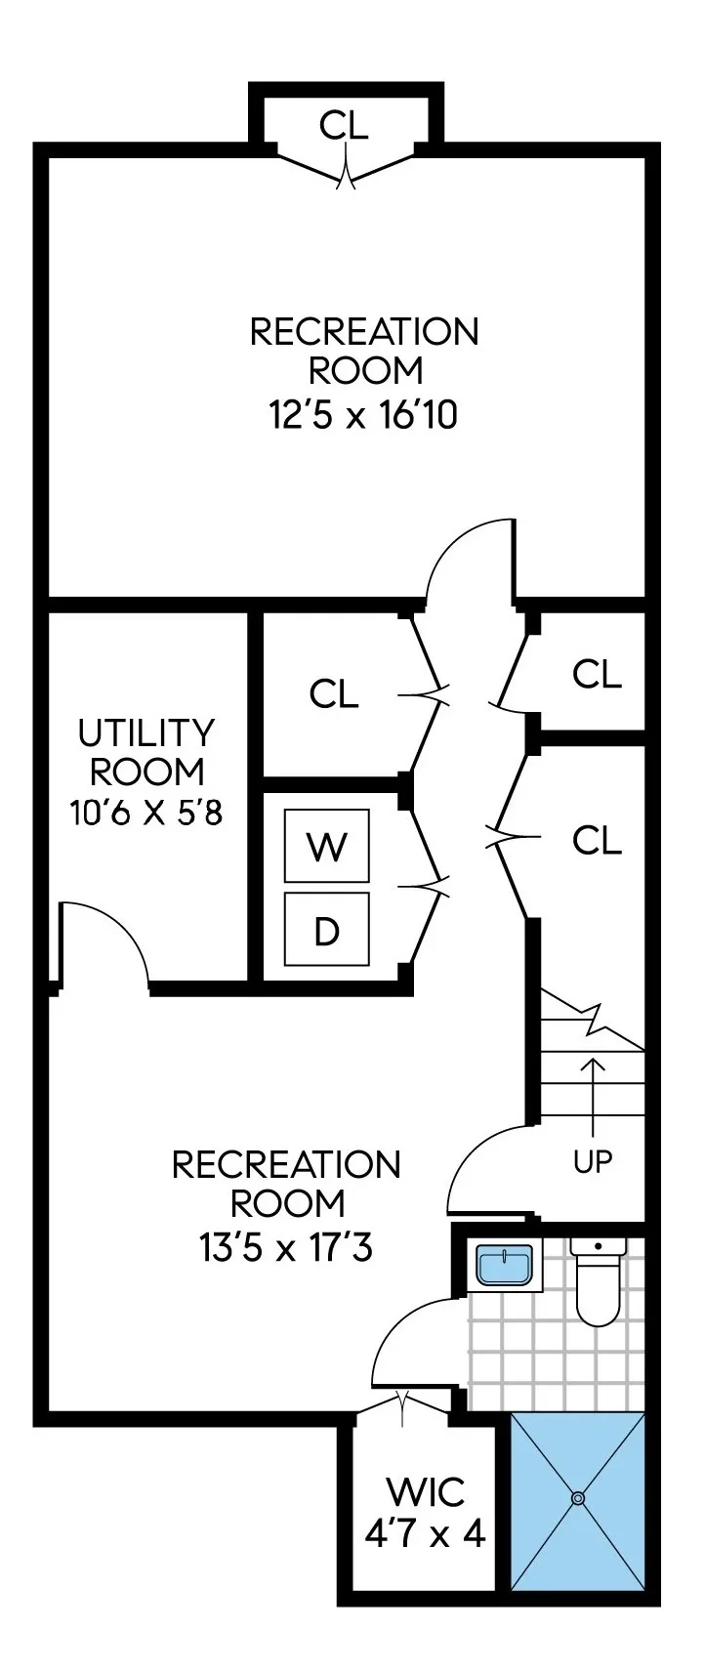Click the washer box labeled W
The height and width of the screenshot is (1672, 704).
tap(326, 845)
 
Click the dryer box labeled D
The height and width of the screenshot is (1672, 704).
tap(326, 932)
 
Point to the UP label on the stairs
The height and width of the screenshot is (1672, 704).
tap(592, 1161)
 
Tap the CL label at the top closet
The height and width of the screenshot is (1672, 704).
tap(345, 125)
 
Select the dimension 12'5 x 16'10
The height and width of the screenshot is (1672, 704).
tap(363, 416)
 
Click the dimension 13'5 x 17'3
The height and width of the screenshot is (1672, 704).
tap(286, 1248)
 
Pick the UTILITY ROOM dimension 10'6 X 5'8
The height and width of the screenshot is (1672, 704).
tap(146, 812)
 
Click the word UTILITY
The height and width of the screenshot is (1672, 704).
tap(146, 731)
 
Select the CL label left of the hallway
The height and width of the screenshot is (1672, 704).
tap(333, 694)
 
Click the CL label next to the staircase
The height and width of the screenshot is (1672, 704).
tap(597, 840)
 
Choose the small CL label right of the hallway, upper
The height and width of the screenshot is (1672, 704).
tap(597, 674)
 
